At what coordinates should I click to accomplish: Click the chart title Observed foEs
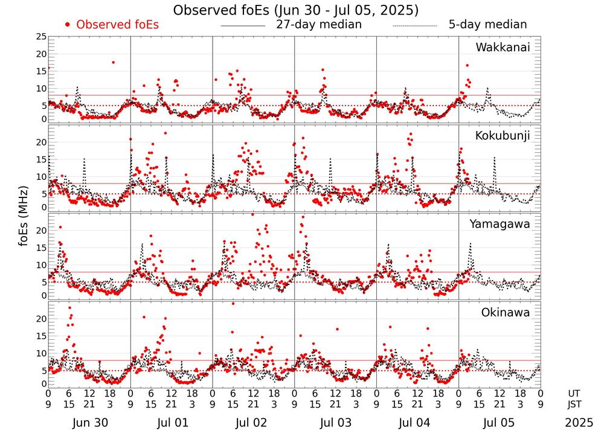click(295, 10)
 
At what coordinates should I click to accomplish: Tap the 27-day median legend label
click(319, 25)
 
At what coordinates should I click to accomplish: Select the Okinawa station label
click(506, 312)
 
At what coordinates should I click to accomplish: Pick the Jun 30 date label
click(89, 421)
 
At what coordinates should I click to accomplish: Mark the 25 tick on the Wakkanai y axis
click(41, 37)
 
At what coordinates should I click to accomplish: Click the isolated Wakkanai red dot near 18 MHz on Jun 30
click(113, 62)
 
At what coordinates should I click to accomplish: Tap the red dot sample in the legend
click(68, 25)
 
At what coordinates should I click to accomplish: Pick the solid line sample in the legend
click(243, 26)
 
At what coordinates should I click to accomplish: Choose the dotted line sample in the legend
click(415, 26)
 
